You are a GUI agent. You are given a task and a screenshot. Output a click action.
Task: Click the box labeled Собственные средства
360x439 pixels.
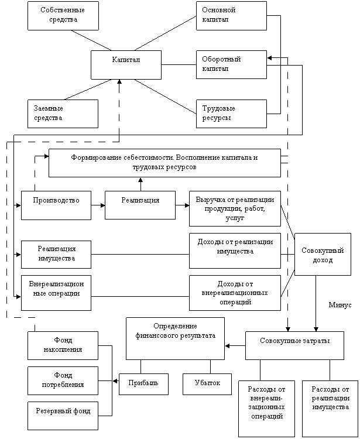pos(63,16)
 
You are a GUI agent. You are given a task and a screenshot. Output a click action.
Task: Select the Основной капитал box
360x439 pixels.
pos(231,16)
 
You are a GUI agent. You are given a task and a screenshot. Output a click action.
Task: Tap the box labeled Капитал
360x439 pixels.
pos(126,64)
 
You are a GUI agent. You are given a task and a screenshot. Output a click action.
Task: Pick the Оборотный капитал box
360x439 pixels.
pos(231,64)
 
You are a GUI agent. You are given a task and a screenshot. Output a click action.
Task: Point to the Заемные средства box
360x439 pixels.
pos(63,114)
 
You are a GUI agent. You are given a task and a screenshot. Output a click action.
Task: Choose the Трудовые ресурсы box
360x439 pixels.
pos(231,114)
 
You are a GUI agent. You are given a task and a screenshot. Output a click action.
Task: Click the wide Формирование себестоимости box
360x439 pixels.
pos(164,163)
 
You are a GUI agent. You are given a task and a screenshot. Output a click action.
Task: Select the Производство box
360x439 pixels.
pos(56,205)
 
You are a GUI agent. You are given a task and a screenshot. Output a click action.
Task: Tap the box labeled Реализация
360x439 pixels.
pos(140,205)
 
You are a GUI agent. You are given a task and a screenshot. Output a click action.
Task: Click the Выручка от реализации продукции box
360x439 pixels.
pos(235,208)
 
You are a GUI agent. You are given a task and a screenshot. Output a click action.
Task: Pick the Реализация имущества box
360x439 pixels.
pos(56,254)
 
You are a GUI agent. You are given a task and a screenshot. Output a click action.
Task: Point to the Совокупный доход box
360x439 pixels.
pos(323,254)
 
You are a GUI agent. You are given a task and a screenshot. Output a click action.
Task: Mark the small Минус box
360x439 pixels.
pos(340,307)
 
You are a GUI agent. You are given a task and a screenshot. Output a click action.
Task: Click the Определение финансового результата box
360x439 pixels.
pos(175,338)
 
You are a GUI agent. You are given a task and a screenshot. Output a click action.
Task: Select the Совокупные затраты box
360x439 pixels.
pos(294,345)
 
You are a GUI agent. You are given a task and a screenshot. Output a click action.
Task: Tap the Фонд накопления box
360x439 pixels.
pos(63,345)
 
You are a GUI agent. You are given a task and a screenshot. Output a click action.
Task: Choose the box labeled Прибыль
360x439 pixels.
pos(143,384)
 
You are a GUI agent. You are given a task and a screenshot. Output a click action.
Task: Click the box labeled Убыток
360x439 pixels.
pos(207,384)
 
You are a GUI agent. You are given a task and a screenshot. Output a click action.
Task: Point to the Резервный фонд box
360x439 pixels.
pos(63,416)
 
